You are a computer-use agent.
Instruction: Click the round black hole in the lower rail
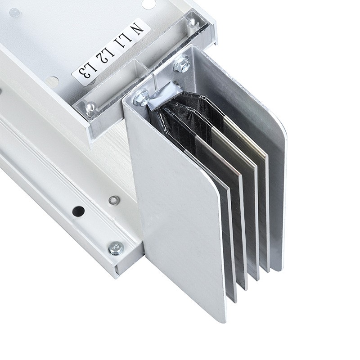[x=78, y=210]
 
